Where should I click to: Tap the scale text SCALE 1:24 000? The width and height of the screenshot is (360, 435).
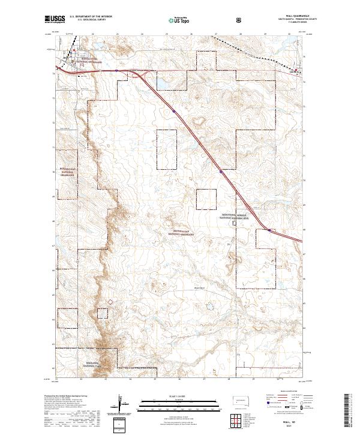179,396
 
